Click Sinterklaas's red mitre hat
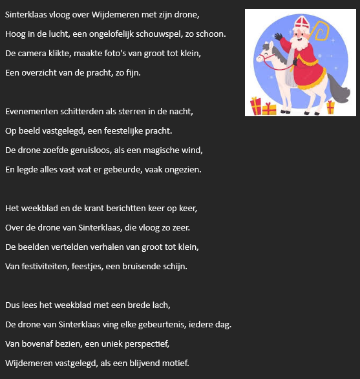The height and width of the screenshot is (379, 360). coord(299,26)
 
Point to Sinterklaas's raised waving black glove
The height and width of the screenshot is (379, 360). coord(279,37)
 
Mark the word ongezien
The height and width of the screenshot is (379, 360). coord(183,169)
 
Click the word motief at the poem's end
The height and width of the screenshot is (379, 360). coord(175,363)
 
